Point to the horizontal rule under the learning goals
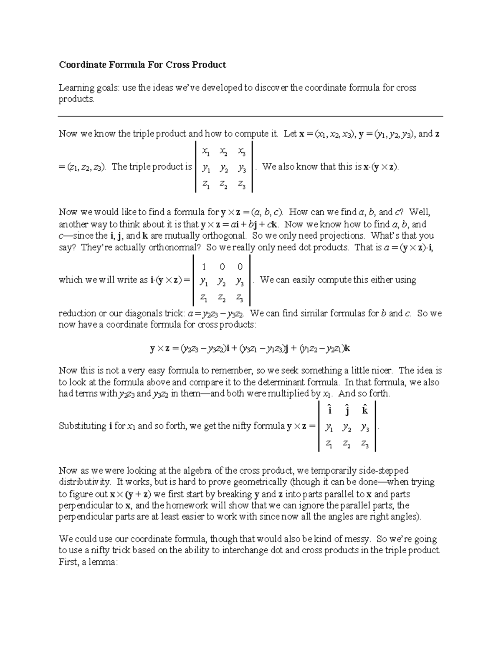tap(250, 116)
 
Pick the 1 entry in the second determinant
tap(204, 267)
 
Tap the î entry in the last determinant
tap(330, 410)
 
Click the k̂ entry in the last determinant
tap(364, 410)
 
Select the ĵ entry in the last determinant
tap(347, 410)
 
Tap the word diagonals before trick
tap(146, 313)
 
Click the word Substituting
tap(83, 426)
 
